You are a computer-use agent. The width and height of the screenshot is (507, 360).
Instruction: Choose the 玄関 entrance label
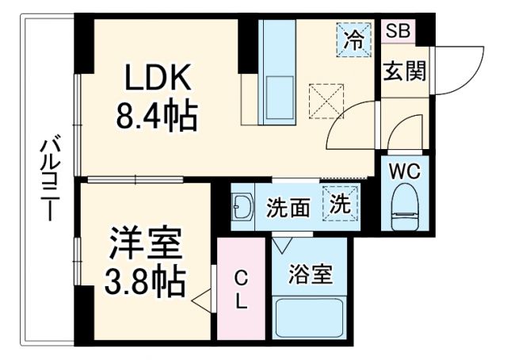click(405, 71)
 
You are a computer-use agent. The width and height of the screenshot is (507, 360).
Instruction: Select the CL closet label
click(242, 289)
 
